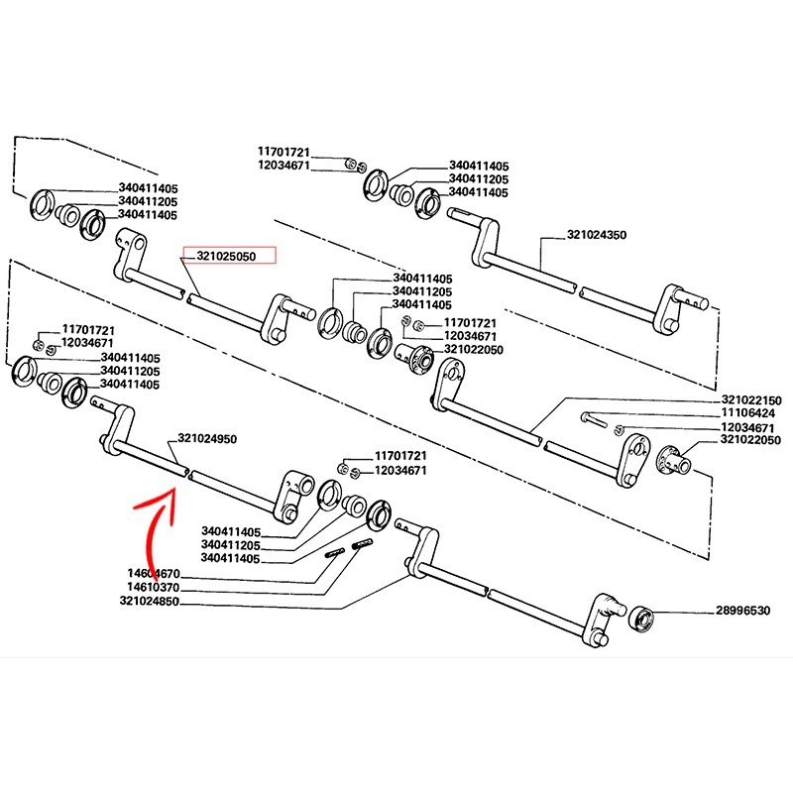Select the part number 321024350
(600, 236)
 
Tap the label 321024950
(209, 438)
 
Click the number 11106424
(748, 412)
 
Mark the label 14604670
(154, 573)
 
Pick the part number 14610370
(154, 587)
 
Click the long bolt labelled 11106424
(595, 417)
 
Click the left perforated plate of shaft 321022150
(448, 382)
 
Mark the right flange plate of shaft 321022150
(630, 459)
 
